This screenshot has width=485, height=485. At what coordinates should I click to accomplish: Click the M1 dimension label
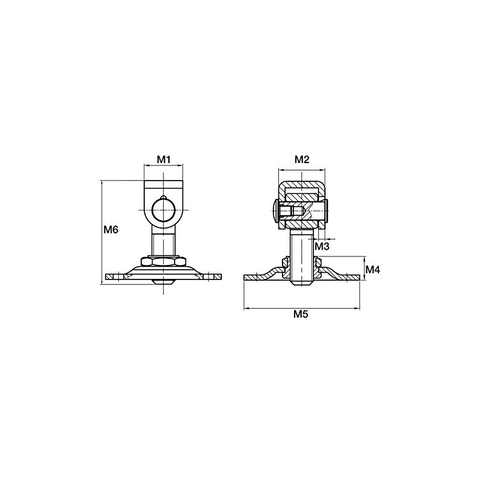coord(164,159)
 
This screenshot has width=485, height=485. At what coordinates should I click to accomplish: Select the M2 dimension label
coord(302,159)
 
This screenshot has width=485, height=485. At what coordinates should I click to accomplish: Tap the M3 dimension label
coord(322,246)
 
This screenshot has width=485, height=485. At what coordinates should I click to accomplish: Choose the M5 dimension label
coord(301,315)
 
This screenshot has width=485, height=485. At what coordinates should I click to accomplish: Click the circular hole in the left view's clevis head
coord(164,210)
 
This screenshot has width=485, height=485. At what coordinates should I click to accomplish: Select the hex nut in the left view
coord(164,261)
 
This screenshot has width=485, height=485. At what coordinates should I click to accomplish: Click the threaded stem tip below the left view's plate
coord(164,282)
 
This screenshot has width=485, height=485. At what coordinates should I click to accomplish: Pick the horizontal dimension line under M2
coord(302,169)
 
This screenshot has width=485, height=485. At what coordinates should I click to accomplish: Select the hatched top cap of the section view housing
coord(302,184)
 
